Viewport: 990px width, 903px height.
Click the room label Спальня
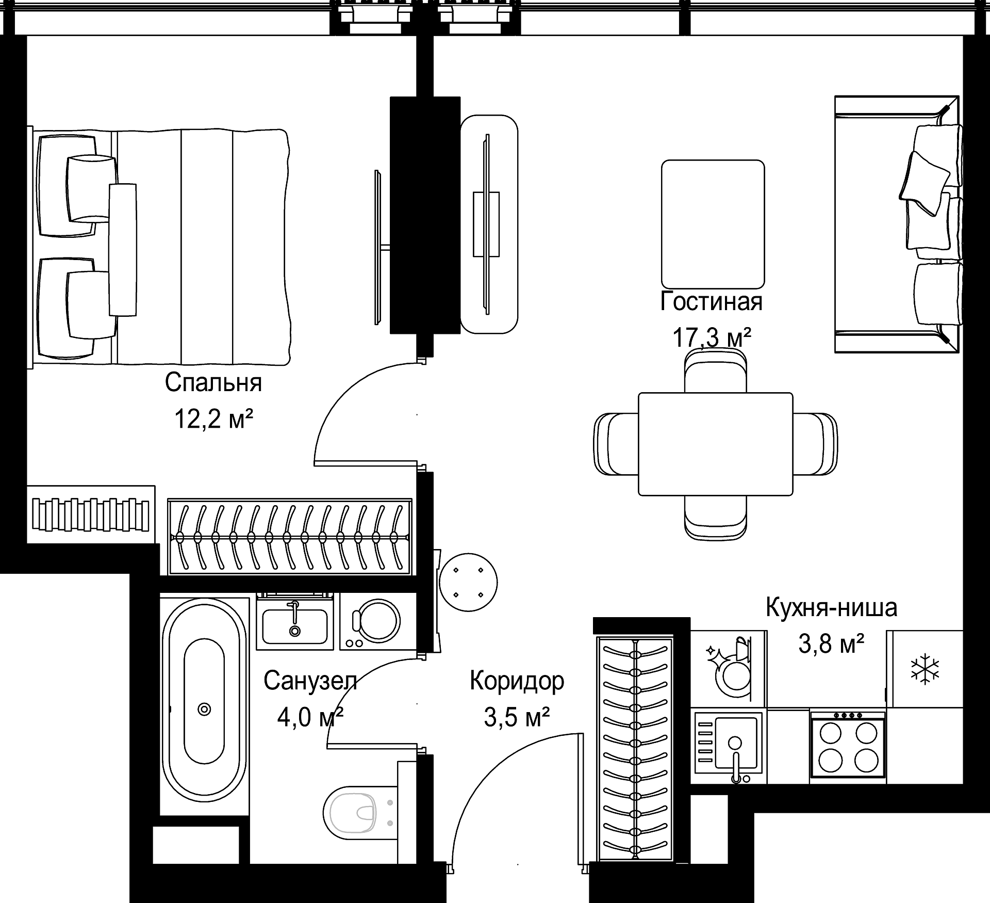[213, 383]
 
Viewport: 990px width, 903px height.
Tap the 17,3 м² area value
[712, 338]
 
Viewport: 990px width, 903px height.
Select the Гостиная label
[712, 302]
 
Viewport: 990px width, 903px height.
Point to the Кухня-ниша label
[831, 607]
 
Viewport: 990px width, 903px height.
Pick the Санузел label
[310, 681]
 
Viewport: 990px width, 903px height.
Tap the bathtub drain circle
[205, 709]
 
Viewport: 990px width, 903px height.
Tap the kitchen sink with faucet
[729, 746]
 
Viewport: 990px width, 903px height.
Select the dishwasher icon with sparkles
[729, 669]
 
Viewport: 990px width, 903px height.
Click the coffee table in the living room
[713, 224]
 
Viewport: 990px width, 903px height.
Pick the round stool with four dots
[468, 582]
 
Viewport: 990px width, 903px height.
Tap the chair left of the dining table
[616, 444]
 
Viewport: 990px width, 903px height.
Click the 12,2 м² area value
[213, 418]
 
